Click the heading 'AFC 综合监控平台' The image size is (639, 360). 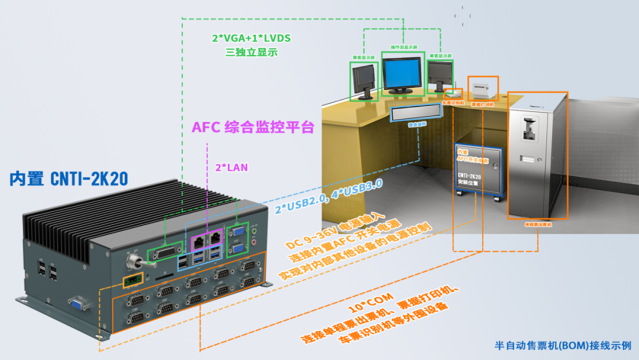253,128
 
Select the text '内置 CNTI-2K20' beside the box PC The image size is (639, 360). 69,179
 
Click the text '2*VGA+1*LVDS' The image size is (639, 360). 251,38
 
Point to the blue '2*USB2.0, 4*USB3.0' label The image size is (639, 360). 329,196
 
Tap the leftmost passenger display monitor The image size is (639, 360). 363,80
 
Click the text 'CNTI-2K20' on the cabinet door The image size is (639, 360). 469,176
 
